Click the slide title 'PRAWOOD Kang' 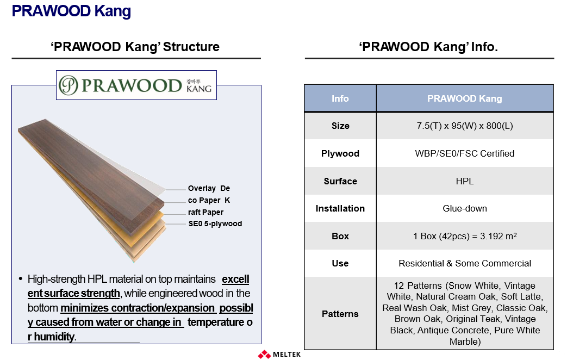pyautogui.click(x=71, y=11)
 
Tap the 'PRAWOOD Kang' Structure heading pyautogui.click(x=135, y=47)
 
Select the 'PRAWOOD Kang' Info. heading pyautogui.click(x=428, y=47)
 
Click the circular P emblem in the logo pyautogui.click(x=68, y=85)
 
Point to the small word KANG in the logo pyautogui.click(x=199, y=89)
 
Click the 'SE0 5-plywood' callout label pyautogui.click(x=215, y=224)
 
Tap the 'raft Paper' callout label pyautogui.click(x=205, y=212)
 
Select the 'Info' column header pyautogui.click(x=340, y=98)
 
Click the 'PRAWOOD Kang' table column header pyautogui.click(x=465, y=98)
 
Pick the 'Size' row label pyautogui.click(x=340, y=126)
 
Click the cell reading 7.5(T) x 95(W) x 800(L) pyautogui.click(x=465, y=126)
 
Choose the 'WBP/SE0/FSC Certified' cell pyautogui.click(x=465, y=153)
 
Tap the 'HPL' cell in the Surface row pyautogui.click(x=465, y=181)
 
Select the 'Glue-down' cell pyautogui.click(x=465, y=208)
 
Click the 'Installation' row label pyautogui.click(x=340, y=208)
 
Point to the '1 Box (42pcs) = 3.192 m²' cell pyautogui.click(x=465, y=236)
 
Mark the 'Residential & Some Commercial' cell pyautogui.click(x=465, y=263)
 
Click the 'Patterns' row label pyautogui.click(x=340, y=314)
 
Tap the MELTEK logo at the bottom pyautogui.click(x=279, y=354)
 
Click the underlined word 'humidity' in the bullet pyautogui.click(x=54, y=337)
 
